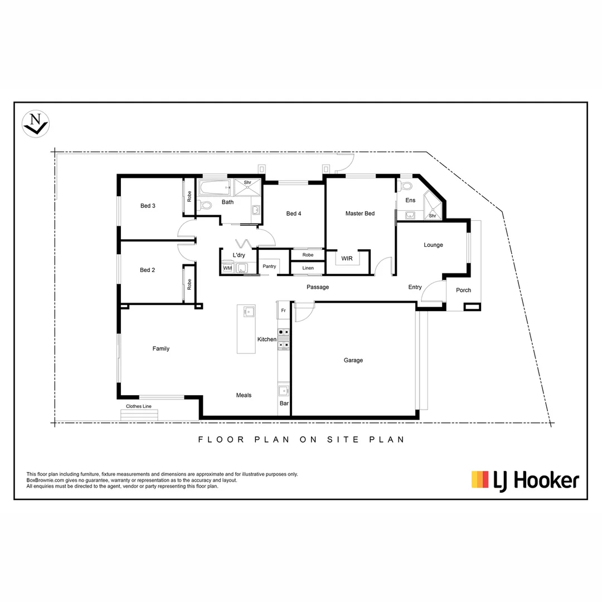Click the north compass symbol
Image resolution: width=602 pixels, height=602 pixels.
36,123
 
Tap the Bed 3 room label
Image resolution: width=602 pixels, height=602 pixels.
148,206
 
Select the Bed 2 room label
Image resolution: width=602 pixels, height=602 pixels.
147,270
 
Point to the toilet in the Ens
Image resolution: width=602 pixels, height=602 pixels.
405,186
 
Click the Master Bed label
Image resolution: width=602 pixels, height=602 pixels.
360,213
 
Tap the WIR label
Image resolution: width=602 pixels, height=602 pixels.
347,259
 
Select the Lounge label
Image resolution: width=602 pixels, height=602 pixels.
433,245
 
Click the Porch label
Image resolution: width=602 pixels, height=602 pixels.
463,290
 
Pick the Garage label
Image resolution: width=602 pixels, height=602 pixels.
353,360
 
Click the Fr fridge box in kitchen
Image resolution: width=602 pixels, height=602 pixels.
283,310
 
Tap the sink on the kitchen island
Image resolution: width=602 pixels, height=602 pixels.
249,311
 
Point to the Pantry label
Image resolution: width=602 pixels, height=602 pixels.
269,266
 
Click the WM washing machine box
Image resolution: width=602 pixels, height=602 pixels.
227,268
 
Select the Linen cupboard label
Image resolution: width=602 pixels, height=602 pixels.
308,268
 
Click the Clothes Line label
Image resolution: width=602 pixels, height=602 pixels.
139,406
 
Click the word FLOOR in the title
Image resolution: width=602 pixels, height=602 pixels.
221,439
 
